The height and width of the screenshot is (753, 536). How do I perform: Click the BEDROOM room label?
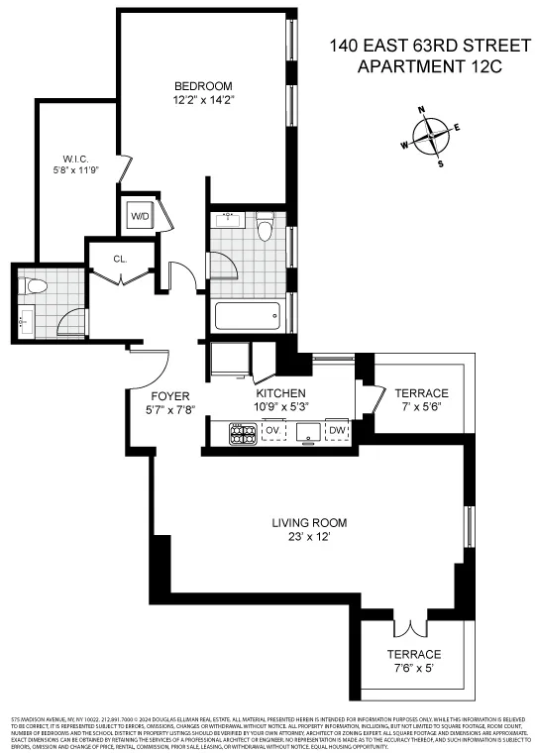pyautogui.click(x=203, y=85)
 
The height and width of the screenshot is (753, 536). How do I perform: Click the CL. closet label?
pyautogui.click(x=120, y=259)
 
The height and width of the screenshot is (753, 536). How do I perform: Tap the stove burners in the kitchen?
pyautogui.click(x=243, y=432)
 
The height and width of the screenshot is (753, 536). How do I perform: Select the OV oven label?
pyautogui.click(x=272, y=431)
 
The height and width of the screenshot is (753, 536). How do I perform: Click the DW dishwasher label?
pyautogui.click(x=337, y=431)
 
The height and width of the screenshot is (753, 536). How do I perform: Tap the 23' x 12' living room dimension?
pyautogui.click(x=310, y=537)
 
